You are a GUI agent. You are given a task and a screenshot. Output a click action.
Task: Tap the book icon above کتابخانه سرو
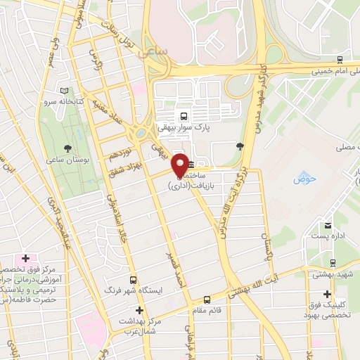(x=65, y=91)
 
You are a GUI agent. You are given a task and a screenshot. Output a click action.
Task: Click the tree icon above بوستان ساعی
(x=67, y=148)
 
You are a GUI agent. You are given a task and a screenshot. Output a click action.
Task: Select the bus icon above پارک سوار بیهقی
(x=184, y=116)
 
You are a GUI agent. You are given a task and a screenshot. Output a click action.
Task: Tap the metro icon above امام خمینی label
(x=340, y=60)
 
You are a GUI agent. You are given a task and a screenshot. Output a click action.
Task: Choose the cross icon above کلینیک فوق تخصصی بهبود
(x=327, y=294)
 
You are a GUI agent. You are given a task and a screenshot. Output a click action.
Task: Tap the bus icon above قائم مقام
(x=206, y=299)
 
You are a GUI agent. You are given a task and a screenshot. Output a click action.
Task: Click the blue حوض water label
(x=305, y=179)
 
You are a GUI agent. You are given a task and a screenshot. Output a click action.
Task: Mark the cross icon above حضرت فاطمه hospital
(x=26, y=260)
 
